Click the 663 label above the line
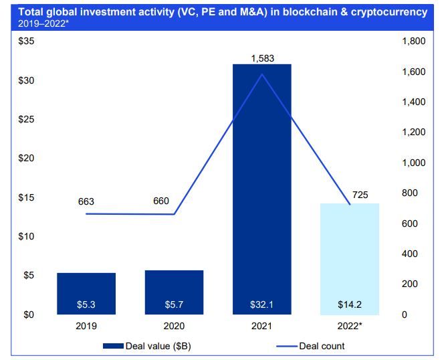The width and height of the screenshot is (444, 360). click(x=86, y=201)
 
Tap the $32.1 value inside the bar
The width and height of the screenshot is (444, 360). click(x=261, y=305)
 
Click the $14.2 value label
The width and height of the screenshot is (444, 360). click(x=350, y=305)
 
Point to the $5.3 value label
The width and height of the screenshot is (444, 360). click(x=86, y=305)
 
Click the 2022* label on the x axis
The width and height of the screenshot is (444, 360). click(x=350, y=327)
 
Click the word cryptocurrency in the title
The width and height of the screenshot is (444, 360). click(x=386, y=12)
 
